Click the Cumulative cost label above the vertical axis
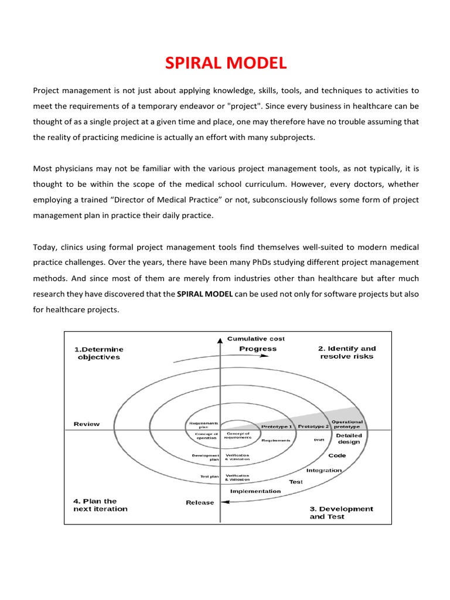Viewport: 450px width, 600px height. tap(256, 339)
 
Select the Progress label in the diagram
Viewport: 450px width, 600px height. tap(258, 349)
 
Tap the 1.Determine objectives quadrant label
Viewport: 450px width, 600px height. tap(98, 353)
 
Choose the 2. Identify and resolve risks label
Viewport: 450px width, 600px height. tap(346, 352)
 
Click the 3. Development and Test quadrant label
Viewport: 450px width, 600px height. tap(341, 513)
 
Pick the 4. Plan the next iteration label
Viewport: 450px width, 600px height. tap(100, 505)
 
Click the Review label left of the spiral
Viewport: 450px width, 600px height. tap(86, 424)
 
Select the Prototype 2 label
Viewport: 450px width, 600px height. tap(313, 427)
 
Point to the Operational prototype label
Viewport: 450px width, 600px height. tap(347, 424)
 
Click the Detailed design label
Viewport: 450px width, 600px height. tap(349, 439)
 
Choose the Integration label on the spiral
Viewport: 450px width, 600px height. tap(324, 470)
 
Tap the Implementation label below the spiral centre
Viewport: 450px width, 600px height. tap(255, 491)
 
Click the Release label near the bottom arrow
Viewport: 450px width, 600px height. tap(200, 503)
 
